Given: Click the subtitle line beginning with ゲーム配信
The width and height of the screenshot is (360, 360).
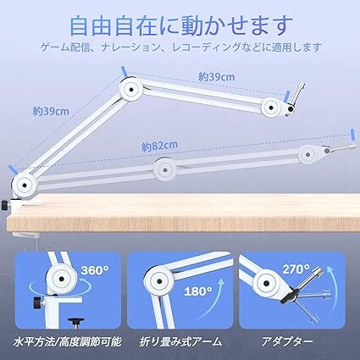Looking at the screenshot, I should coord(180,47).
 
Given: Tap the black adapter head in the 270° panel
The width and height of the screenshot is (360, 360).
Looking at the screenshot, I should coord(294,296).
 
